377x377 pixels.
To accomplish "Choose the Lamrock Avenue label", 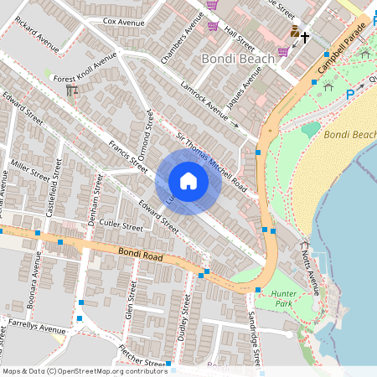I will pyautogui.click(x=204, y=100).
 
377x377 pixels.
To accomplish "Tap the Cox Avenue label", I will pyautogui.click(x=124, y=21).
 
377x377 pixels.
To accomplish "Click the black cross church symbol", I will pyautogui.click(x=305, y=37).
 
